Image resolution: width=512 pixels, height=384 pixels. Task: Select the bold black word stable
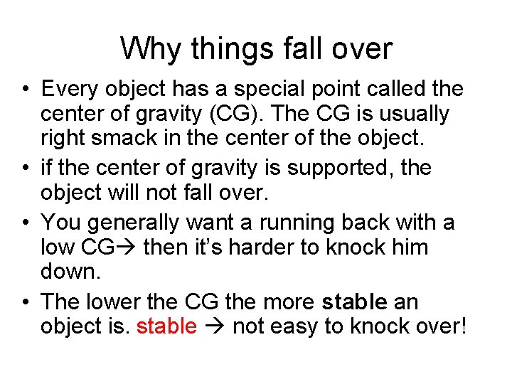coord(354,302)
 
